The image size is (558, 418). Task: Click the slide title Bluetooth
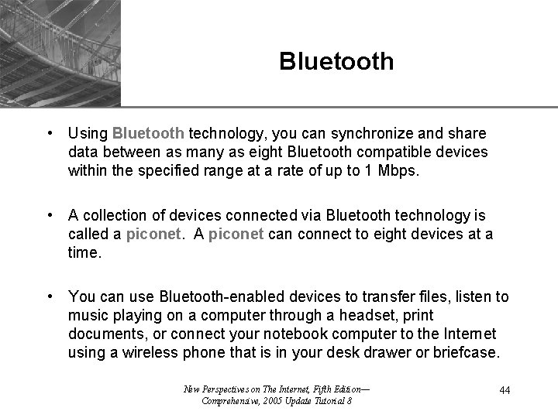tap(336, 61)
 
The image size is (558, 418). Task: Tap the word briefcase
tap(468, 352)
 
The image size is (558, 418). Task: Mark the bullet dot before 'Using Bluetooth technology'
tap(50, 132)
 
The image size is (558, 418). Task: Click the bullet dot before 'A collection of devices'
tap(50, 214)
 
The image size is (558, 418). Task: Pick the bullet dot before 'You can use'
tap(50, 296)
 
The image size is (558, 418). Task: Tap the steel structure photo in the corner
tap(60, 52)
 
